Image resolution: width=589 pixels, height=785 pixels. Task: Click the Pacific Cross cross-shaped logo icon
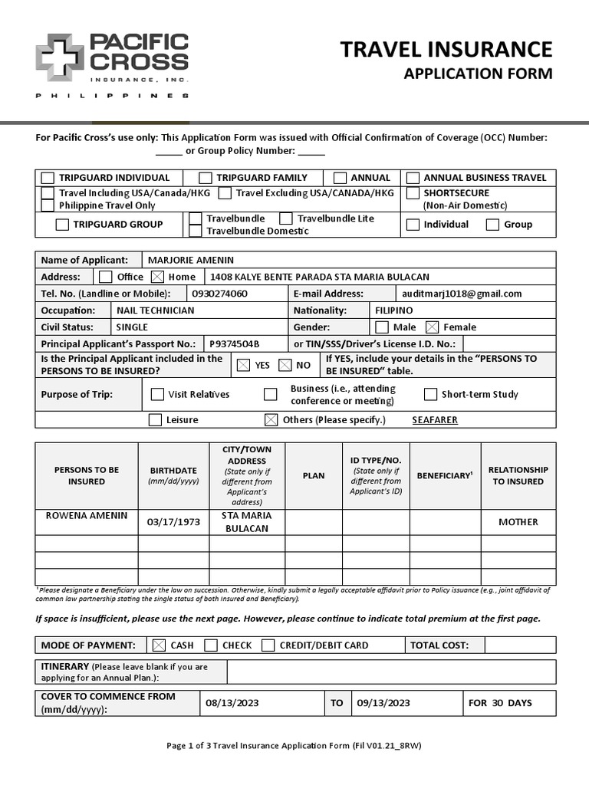(60, 57)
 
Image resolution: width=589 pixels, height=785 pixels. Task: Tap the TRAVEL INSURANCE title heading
(446, 49)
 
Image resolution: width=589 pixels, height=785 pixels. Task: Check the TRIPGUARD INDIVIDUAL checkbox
(48, 178)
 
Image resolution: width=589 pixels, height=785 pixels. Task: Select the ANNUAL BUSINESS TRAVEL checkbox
(413, 178)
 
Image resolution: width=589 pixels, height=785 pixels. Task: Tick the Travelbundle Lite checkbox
(285, 218)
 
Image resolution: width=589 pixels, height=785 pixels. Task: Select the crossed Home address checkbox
(157, 277)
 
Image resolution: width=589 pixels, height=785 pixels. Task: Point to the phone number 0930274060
(219, 294)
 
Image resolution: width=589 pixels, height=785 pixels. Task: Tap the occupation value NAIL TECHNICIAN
(155, 310)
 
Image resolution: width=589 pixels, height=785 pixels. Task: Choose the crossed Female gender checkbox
(432, 327)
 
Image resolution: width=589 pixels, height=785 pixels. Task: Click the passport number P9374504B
(235, 344)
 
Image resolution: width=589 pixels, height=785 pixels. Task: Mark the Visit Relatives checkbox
(157, 395)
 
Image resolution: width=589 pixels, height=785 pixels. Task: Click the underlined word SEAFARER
(434, 420)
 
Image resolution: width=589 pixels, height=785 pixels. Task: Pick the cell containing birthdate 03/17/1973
(173, 522)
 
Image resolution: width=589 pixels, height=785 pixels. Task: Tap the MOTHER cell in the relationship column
(518, 522)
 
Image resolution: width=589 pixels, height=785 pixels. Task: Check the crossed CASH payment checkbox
(159, 645)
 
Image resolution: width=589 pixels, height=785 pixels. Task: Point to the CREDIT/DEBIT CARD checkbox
(268, 645)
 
